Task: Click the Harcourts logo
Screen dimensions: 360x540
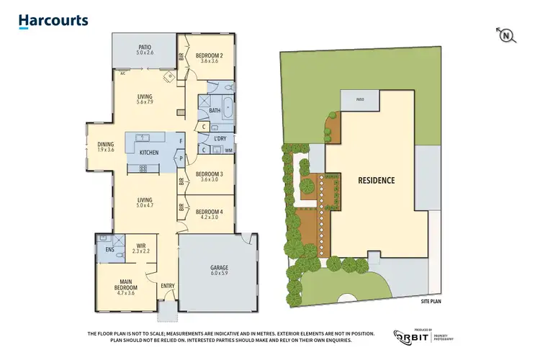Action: click(53, 21)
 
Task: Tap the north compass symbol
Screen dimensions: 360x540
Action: click(506, 35)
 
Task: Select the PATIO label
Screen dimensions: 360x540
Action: click(145, 49)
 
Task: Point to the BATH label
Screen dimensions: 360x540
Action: click(214, 111)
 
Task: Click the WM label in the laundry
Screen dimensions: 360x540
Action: click(228, 150)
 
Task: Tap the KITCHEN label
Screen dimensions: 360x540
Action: click(149, 153)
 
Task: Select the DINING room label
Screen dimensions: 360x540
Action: click(106, 147)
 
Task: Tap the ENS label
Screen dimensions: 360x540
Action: click(109, 250)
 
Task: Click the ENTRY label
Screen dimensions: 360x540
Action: click(168, 286)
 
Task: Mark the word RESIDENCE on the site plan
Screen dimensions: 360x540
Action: click(376, 180)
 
